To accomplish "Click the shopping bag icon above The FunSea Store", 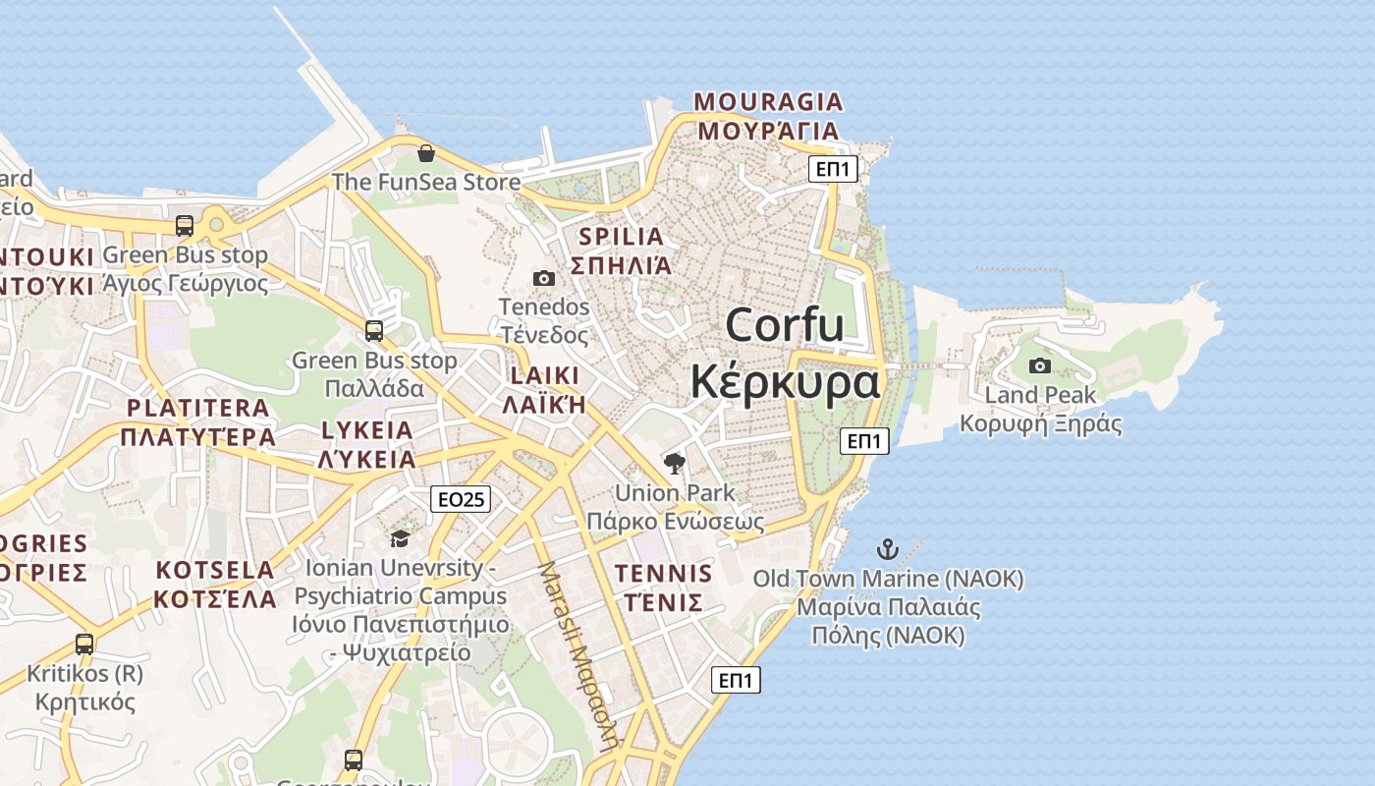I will pos(426,153).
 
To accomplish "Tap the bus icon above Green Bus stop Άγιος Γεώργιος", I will pos(184,226).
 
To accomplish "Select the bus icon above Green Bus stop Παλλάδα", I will pos(373,330).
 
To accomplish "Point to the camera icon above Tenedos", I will pos(543,279).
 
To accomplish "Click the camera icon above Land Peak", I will pos(1039,366).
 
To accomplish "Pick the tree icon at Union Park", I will pos(674,463).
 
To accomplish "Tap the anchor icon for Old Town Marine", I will pos(888,549).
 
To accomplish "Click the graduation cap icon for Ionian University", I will pos(400,538).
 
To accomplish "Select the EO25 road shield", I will pos(460,499).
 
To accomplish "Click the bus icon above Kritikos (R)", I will pos(84,645).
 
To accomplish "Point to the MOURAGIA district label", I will pos(768,102).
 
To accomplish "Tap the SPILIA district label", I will pos(622,237).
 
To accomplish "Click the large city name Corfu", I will pos(785,324).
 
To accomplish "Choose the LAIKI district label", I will pos(544,376).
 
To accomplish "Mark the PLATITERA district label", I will pos(197,408).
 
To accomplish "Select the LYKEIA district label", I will pos(367,430).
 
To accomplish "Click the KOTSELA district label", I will pos(215,571).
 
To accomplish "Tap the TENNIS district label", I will pos(663,573).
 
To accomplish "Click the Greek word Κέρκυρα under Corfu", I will pos(785,381).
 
